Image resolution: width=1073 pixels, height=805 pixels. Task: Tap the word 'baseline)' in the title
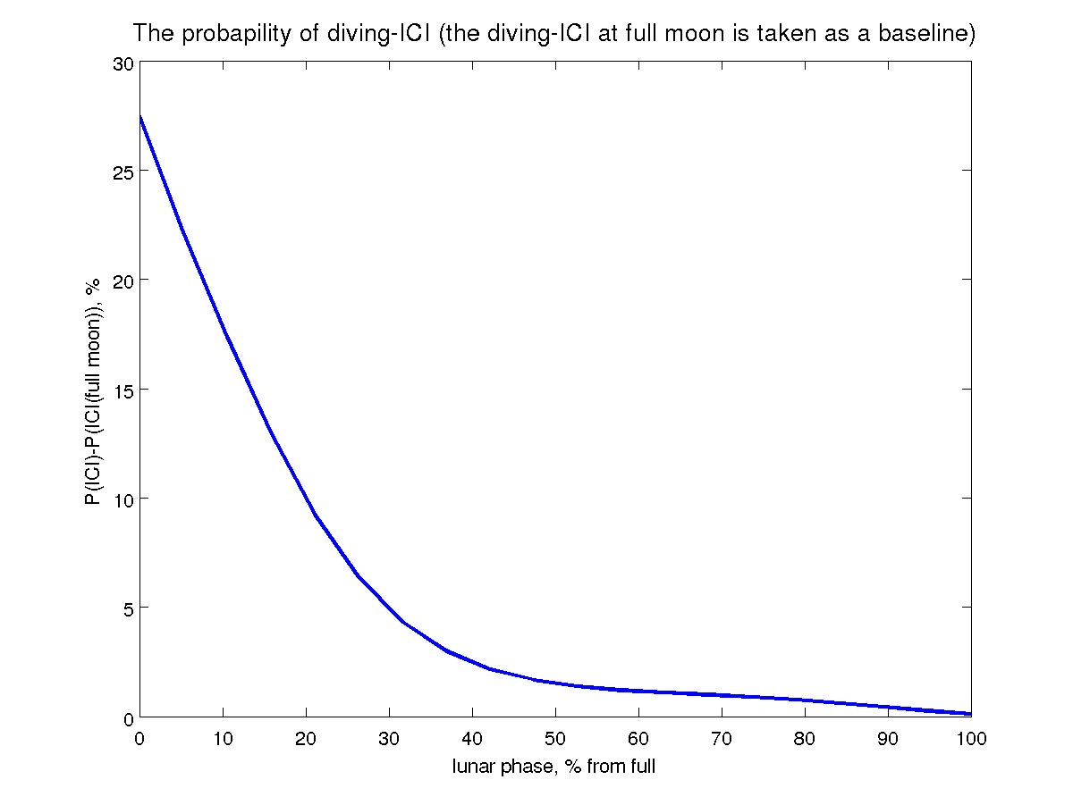point(931,35)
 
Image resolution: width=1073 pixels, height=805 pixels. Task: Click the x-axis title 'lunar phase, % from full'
point(554,766)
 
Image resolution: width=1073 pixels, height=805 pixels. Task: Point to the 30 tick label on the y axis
point(123,63)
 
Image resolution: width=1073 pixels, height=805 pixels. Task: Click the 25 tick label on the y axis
point(123,172)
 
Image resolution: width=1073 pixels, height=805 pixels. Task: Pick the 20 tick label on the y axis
point(123,281)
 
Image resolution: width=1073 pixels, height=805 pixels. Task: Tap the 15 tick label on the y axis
point(123,390)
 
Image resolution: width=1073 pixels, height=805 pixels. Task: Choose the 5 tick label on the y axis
point(127,608)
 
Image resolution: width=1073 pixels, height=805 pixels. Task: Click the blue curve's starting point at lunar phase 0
point(141,117)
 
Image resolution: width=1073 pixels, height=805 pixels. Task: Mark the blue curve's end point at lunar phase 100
point(970,714)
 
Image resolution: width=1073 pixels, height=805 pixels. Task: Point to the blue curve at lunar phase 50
point(555,683)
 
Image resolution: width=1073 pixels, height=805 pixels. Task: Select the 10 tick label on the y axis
point(123,499)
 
